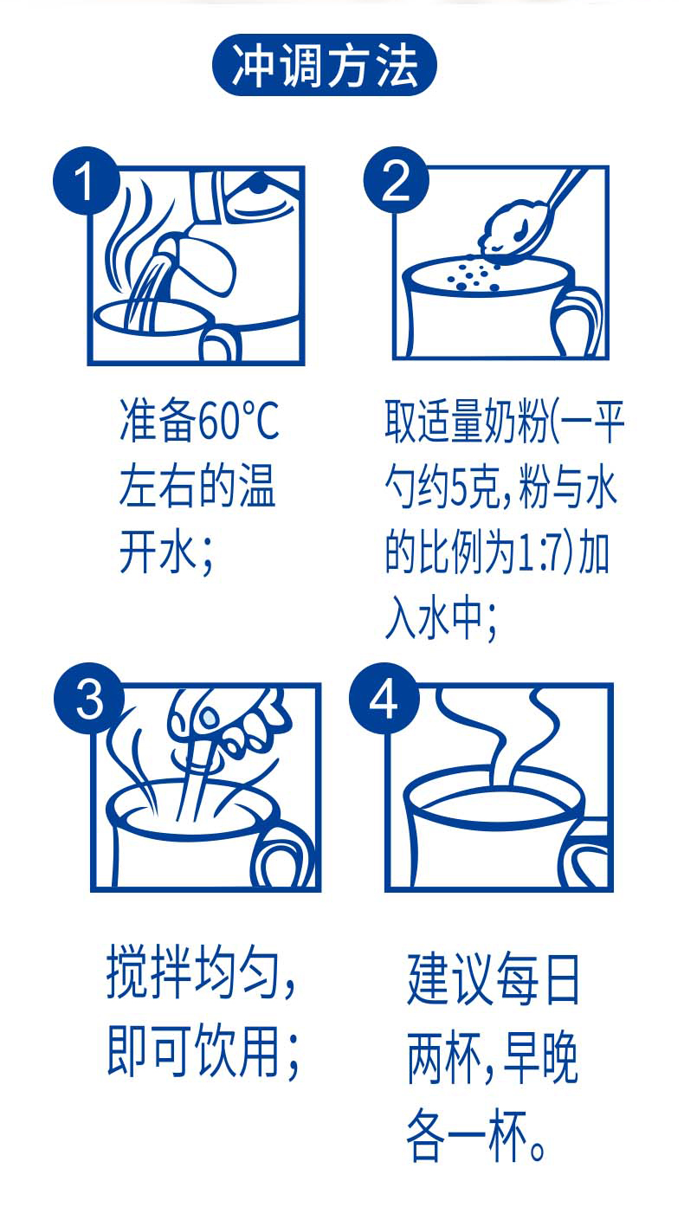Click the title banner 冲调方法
[325, 65]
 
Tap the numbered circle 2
[396, 180]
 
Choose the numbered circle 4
[384, 698]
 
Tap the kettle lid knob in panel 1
[258, 184]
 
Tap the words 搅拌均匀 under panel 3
[193, 973]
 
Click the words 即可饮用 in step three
[193, 1051]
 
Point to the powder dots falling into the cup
[472, 276]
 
